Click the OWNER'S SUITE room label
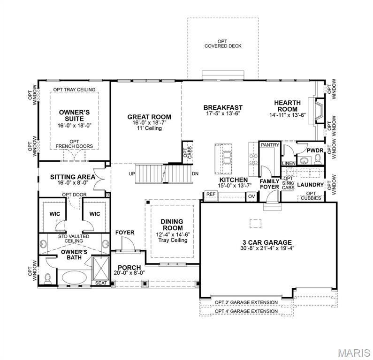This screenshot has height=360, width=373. click(74, 115)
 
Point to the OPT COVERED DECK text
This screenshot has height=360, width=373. click(223, 44)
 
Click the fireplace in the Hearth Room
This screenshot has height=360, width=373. click(318, 110)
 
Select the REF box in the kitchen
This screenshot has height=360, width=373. click(211, 194)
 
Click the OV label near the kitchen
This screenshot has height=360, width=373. click(251, 196)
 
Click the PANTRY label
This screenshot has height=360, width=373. click(269, 145)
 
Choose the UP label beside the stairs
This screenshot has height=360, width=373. click(131, 173)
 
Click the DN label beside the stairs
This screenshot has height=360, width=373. click(195, 173)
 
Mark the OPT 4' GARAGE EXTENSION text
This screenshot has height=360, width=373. click(246, 311)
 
